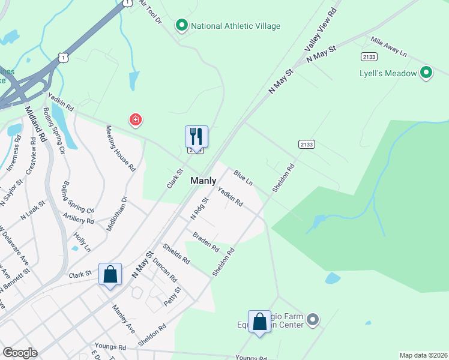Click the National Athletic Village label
(x=235, y=26)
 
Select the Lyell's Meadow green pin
(x=427, y=73)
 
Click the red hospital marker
(x=136, y=121)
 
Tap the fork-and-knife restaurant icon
(x=196, y=137)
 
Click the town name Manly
(x=203, y=181)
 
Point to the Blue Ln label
(x=244, y=177)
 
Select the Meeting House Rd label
(x=121, y=149)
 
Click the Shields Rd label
(x=176, y=254)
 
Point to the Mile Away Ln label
(x=388, y=47)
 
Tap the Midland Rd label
(x=35, y=124)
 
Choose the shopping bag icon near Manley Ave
(x=110, y=275)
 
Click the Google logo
(x=20, y=353)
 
